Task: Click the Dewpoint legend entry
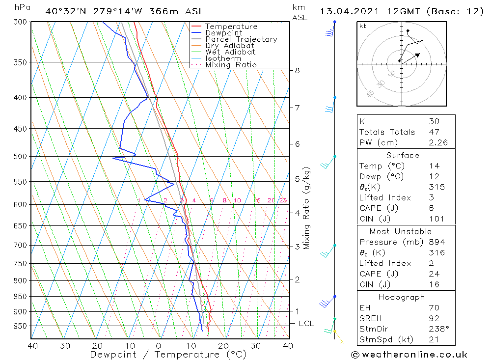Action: click(x=223, y=33)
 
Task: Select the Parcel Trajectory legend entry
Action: click(x=241, y=39)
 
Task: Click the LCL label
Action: click(x=306, y=324)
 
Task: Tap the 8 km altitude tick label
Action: click(x=297, y=71)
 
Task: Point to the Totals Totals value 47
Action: click(x=434, y=132)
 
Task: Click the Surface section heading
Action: click(x=403, y=156)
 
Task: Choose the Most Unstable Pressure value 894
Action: click(x=436, y=242)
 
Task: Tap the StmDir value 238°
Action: click(x=437, y=329)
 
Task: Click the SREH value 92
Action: click(x=434, y=318)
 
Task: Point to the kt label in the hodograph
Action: click(x=363, y=26)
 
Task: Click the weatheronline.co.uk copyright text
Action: click(x=409, y=354)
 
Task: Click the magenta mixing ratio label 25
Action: click(x=283, y=200)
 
